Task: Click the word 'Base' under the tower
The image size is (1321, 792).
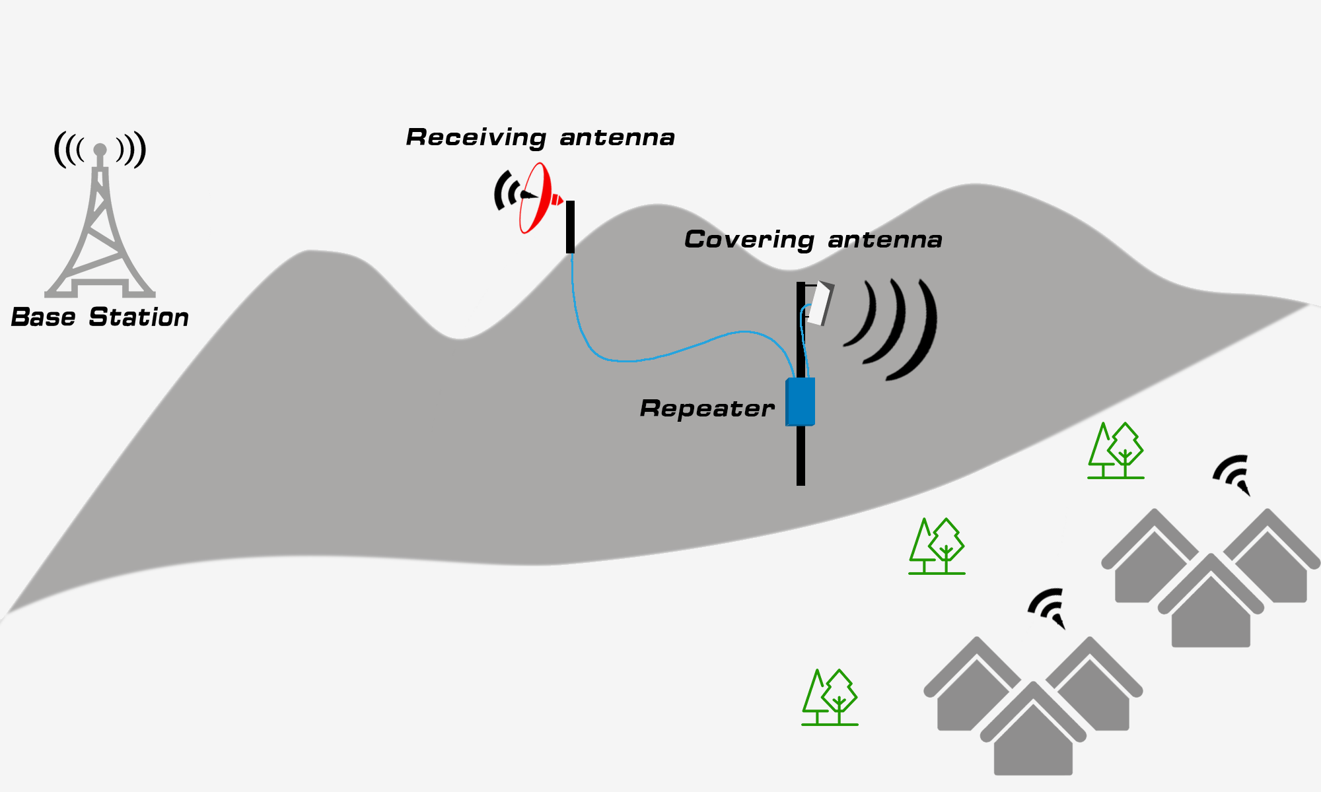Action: tap(43, 317)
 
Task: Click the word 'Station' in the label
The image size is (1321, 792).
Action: tap(139, 317)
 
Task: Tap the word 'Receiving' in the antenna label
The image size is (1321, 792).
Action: tap(476, 137)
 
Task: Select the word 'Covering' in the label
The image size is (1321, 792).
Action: tap(749, 240)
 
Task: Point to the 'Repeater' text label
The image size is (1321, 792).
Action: tap(707, 409)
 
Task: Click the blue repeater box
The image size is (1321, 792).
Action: tap(801, 401)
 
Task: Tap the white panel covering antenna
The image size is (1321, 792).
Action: tap(820, 303)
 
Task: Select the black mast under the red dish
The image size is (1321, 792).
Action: tap(570, 227)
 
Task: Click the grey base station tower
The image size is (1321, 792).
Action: tap(100, 231)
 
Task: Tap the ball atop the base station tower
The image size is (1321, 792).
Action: tap(100, 150)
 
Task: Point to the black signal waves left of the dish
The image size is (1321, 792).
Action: tap(505, 191)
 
